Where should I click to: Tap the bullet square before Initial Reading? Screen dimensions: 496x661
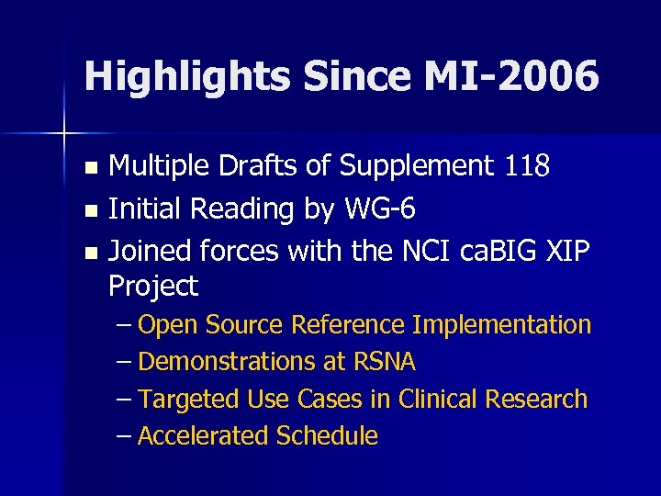89,210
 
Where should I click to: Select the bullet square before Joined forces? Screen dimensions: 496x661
89,252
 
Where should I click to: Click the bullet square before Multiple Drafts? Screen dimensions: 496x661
89,168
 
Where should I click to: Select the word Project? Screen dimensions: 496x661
152,287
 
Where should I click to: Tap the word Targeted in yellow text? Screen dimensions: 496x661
190,400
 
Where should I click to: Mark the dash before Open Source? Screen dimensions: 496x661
125,325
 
